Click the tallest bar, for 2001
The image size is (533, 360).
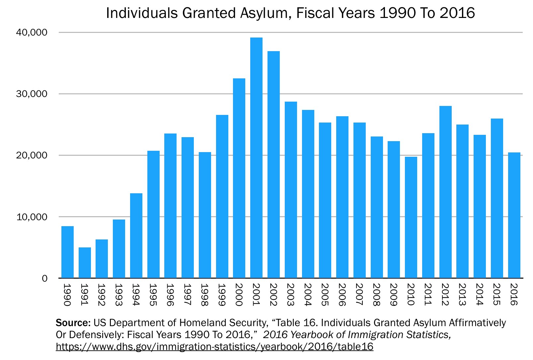tap(256, 158)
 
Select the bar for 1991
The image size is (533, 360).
tap(85, 262)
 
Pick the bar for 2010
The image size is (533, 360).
tap(411, 217)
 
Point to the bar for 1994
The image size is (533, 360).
tap(136, 235)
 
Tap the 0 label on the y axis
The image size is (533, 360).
tap(44, 278)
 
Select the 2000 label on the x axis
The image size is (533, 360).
tap(239, 295)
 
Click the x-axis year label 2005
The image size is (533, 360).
tap(325, 295)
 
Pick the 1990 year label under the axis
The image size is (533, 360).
tap(67, 295)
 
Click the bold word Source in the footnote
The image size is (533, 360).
tap(73, 323)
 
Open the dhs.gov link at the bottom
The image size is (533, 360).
tap(214, 347)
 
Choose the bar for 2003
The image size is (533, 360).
tap(291, 190)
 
